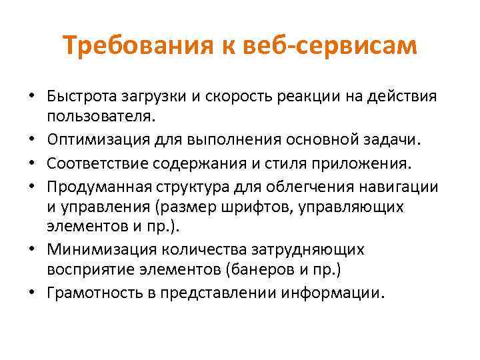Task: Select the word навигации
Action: tap(403, 184)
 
